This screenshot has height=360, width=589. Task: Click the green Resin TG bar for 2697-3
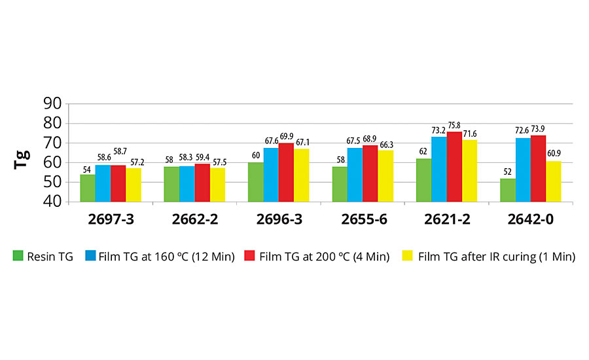coord(88,188)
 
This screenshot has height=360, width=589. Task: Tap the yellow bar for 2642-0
coord(554,181)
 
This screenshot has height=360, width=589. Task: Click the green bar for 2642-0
coord(507,190)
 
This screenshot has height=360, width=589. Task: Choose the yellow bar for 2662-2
coord(217,185)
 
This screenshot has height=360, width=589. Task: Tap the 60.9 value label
coord(554,155)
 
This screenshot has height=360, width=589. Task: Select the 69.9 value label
coord(287,137)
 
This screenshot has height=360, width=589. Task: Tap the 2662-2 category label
coord(194,220)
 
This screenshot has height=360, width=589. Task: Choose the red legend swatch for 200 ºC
coord(250,257)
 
